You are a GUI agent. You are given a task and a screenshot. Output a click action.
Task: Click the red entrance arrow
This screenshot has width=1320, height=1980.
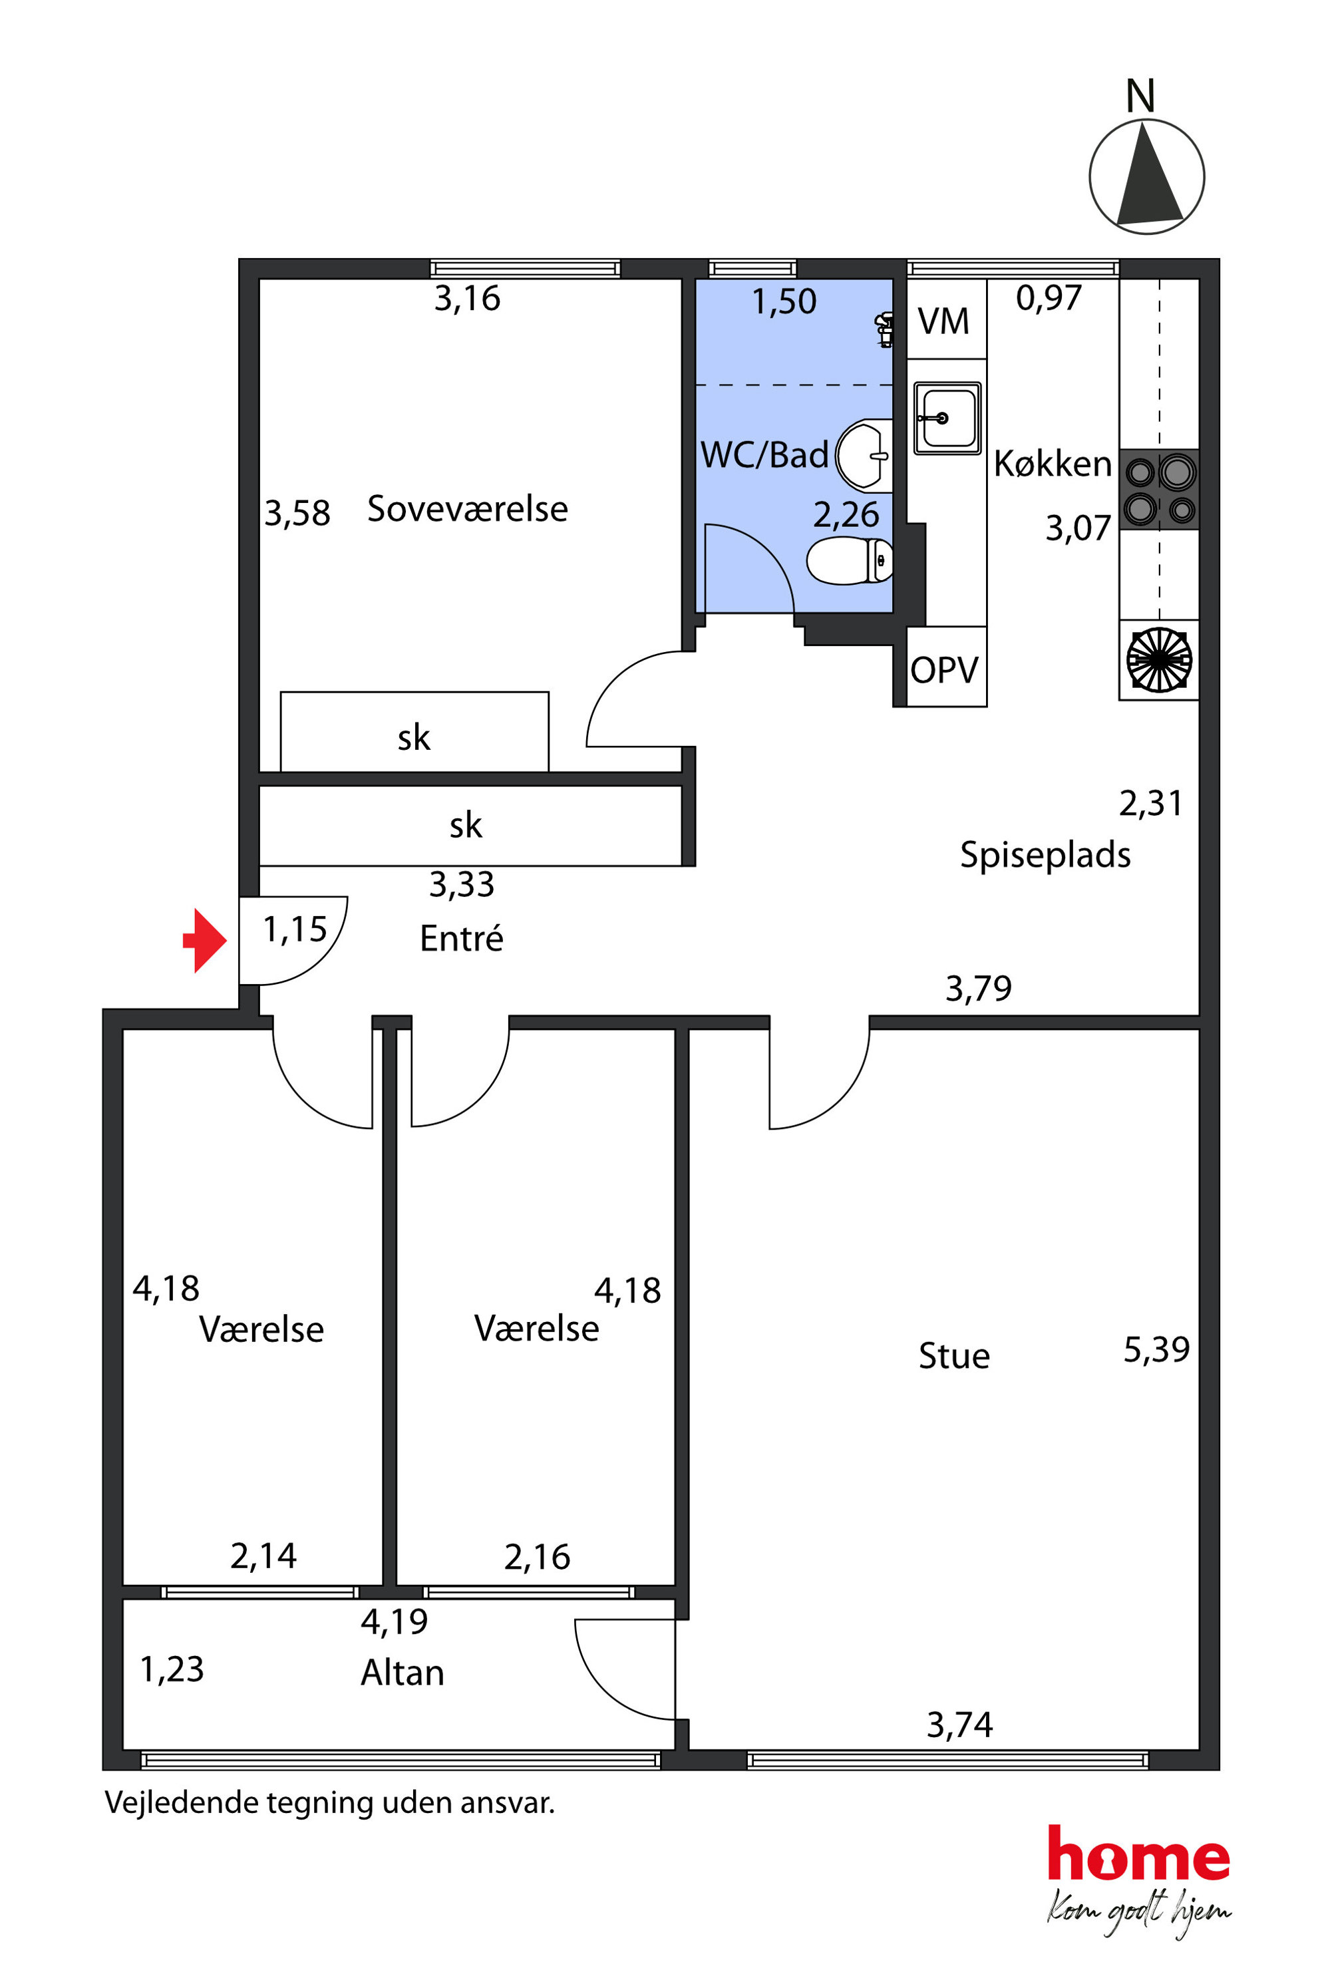pos(204,940)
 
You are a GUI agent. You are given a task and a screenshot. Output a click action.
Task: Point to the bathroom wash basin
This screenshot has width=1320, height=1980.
pos(864,456)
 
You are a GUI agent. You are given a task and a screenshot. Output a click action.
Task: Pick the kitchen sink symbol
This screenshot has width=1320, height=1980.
pos(947,418)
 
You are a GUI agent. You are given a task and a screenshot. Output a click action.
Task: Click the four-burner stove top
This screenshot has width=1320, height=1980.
pos(1159,489)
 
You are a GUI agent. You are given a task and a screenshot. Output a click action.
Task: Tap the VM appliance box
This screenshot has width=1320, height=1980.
pos(946,319)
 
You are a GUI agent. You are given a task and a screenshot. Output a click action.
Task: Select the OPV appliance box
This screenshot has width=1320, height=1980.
pos(946,667)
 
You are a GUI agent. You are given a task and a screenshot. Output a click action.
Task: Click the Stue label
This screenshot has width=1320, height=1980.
pos(954,1356)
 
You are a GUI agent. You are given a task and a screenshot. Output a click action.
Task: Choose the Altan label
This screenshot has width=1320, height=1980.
pos(403,1673)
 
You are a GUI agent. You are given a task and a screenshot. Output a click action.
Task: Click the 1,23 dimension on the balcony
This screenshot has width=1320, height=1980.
pos(172,1669)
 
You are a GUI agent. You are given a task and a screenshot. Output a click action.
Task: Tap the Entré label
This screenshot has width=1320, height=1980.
pos(461,938)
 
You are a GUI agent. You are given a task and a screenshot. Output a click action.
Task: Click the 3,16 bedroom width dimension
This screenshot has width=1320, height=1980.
pos(467,299)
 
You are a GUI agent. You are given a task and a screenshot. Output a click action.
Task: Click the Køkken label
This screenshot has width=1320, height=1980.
pos(1053,464)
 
